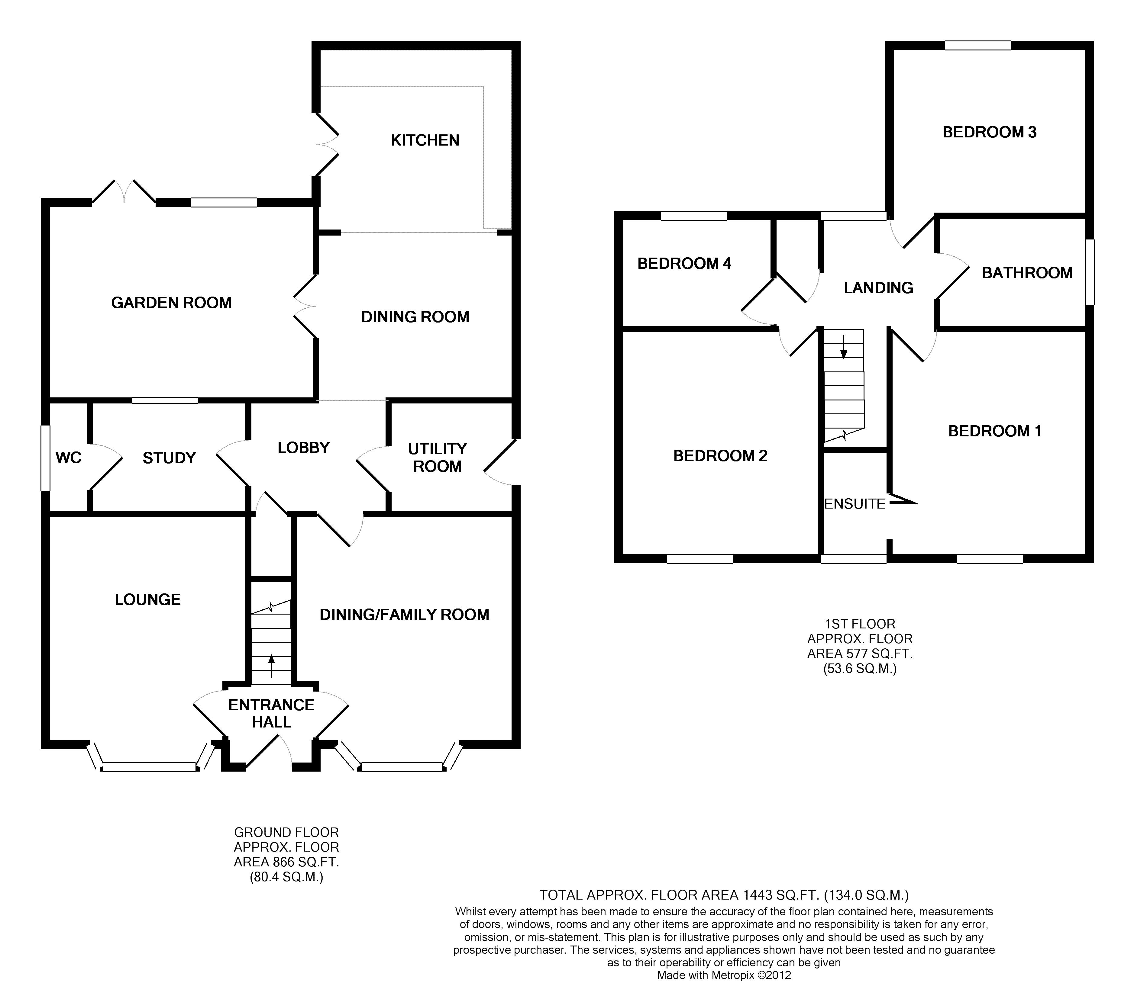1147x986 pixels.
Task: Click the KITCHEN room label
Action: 425,140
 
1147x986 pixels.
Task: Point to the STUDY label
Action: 170,458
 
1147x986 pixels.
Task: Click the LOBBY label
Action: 303,448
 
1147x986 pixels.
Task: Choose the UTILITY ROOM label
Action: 437,458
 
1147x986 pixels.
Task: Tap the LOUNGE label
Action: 148,600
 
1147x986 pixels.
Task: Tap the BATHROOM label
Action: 1027,273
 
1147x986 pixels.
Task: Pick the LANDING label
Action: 878,288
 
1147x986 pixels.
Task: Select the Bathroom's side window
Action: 1089,272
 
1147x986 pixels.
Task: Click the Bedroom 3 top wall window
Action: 977,46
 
